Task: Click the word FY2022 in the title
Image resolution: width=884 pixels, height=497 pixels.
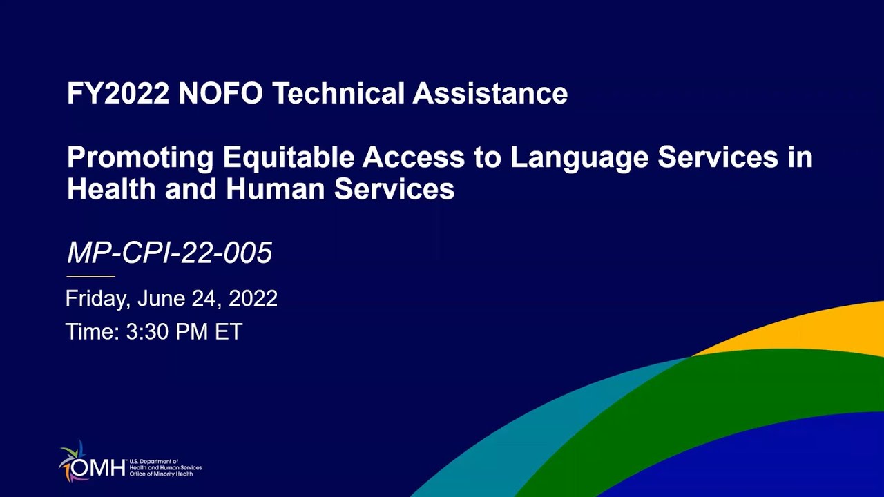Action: [x=118, y=94]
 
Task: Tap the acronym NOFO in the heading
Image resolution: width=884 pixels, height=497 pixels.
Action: [x=220, y=94]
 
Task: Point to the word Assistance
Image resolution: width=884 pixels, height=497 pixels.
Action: [x=490, y=94]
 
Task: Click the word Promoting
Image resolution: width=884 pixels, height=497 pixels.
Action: [x=140, y=158]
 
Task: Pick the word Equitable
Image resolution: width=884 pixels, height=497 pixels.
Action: [x=288, y=158]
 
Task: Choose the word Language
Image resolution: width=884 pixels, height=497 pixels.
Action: [x=579, y=158]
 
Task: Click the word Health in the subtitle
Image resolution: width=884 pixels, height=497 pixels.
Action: [x=111, y=188]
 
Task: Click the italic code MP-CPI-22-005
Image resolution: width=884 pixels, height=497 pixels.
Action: [x=170, y=253]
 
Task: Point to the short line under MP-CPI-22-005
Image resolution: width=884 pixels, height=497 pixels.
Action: [x=90, y=276]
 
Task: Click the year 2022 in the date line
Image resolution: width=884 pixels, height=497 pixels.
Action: [x=253, y=299]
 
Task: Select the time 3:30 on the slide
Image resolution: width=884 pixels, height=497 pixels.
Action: [x=147, y=332]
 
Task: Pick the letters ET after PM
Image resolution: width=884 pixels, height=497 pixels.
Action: [x=229, y=332]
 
